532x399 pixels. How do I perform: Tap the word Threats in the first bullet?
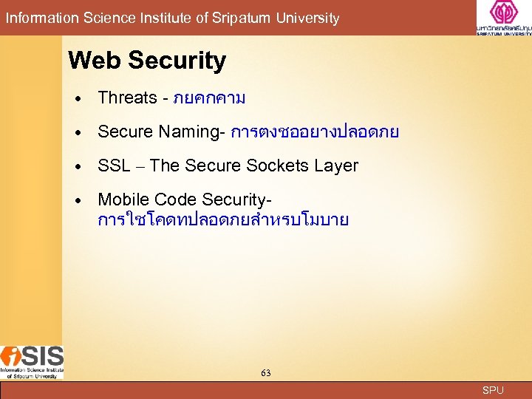[x=127, y=98]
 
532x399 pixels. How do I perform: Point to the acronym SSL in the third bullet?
[x=114, y=166]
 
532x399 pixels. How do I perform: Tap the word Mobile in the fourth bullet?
[x=121, y=199]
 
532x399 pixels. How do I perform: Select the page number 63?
[x=265, y=373]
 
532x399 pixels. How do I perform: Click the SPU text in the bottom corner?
[x=493, y=390]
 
